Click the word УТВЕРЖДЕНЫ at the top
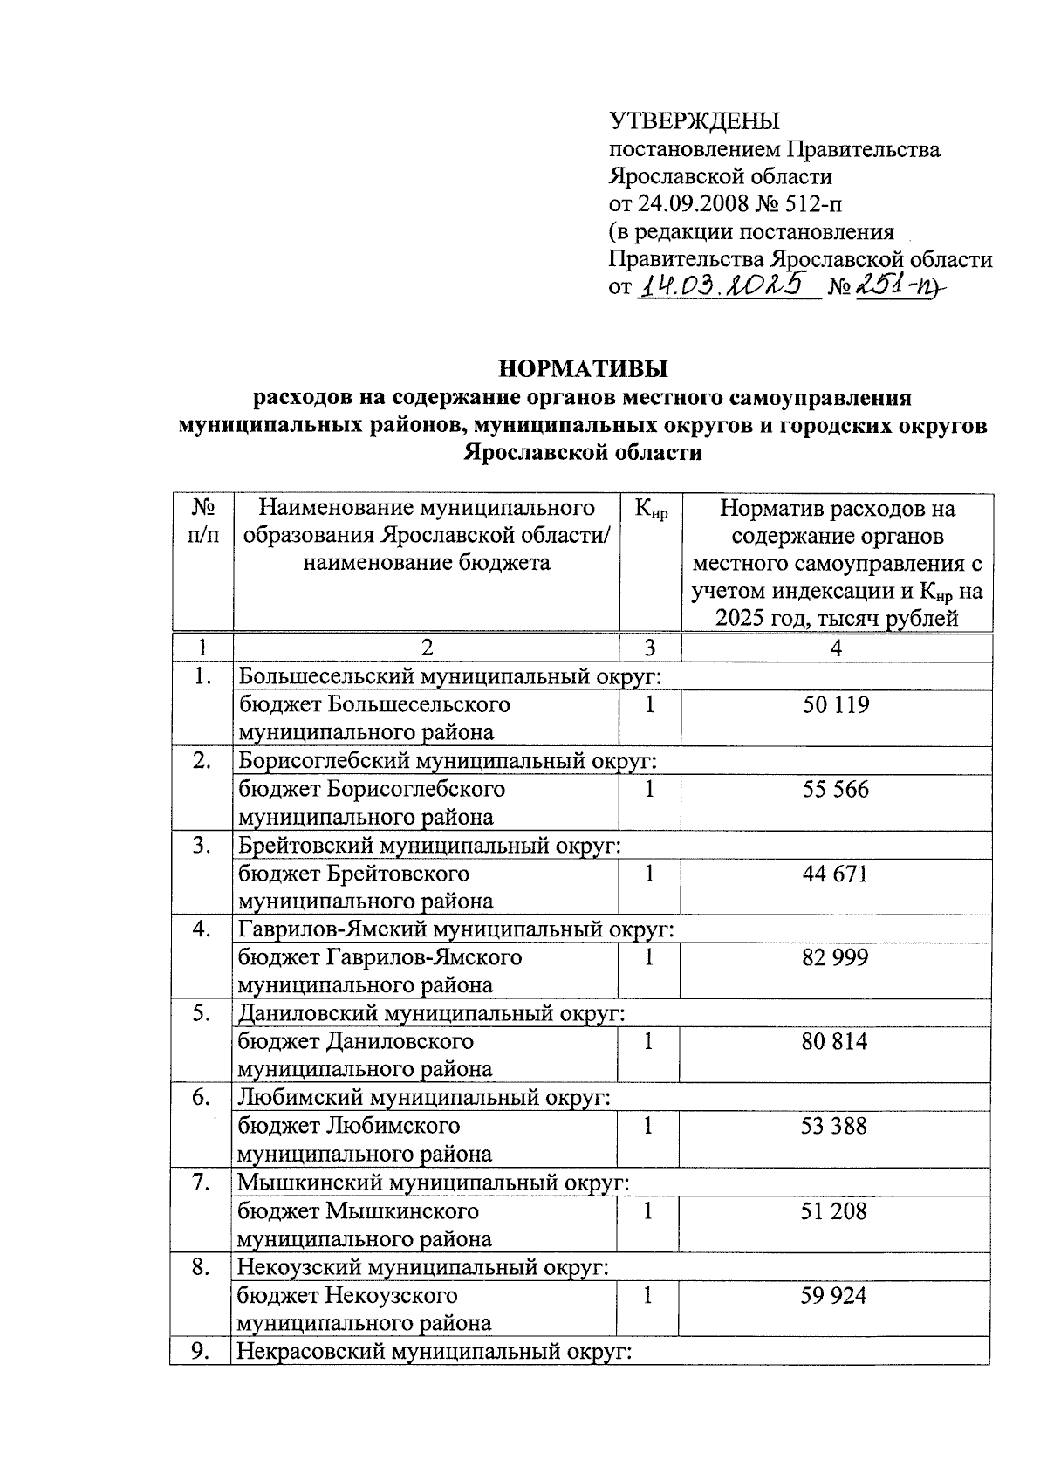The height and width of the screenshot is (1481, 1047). point(694,120)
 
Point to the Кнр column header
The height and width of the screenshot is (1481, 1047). point(650,510)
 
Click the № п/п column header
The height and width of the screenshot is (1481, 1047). point(202,521)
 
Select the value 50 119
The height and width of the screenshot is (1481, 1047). point(836,705)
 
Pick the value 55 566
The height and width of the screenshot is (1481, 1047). point(836,790)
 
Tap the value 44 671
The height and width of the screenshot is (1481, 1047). point(836,874)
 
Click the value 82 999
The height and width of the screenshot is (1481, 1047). point(836,958)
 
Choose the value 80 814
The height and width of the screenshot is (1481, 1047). point(836,1042)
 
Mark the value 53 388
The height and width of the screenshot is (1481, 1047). point(836,1127)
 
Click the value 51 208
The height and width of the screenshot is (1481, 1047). point(836,1211)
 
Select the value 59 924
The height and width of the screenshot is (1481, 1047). point(836,1295)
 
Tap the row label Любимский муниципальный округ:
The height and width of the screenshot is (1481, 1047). point(423,1098)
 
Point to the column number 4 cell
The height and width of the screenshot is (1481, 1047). point(836,648)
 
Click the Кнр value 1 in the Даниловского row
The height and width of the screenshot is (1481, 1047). point(648,1042)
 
